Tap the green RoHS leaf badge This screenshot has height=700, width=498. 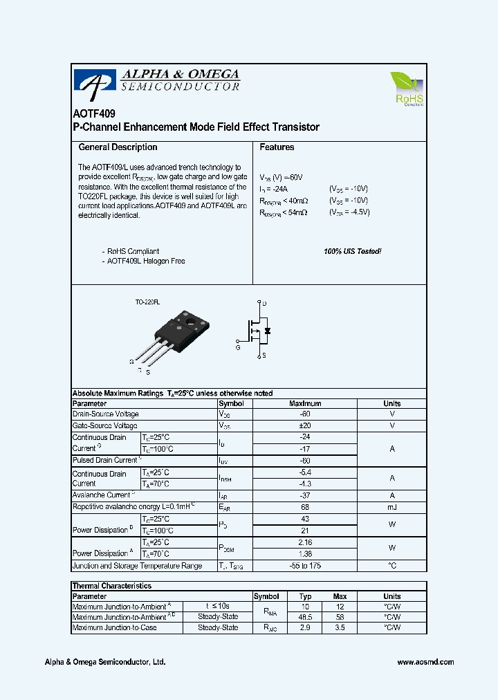click(x=408, y=89)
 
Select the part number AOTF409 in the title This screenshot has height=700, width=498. click(x=94, y=113)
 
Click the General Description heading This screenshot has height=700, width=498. click(x=118, y=147)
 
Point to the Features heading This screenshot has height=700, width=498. click(x=277, y=147)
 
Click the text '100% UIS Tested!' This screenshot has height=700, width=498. click(x=352, y=251)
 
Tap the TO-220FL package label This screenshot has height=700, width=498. click(x=147, y=302)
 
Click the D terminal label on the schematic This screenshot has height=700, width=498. click(x=264, y=304)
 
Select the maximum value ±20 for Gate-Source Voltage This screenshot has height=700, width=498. click(x=305, y=425)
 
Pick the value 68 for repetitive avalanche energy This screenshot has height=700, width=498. click(x=305, y=507)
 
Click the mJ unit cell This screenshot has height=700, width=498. click(x=392, y=507)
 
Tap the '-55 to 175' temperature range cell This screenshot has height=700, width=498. click(x=305, y=566)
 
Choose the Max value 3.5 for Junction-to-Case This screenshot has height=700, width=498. click(x=340, y=627)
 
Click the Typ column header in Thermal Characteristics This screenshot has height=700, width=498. click(x=305, y=596)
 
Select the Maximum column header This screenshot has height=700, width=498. click(x=305, y=403)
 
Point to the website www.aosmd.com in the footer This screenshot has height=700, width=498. click(x=425, y=662)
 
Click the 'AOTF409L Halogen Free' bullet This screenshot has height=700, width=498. click(x=146, y=261)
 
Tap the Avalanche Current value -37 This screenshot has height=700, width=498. click(x=305, y=495)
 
